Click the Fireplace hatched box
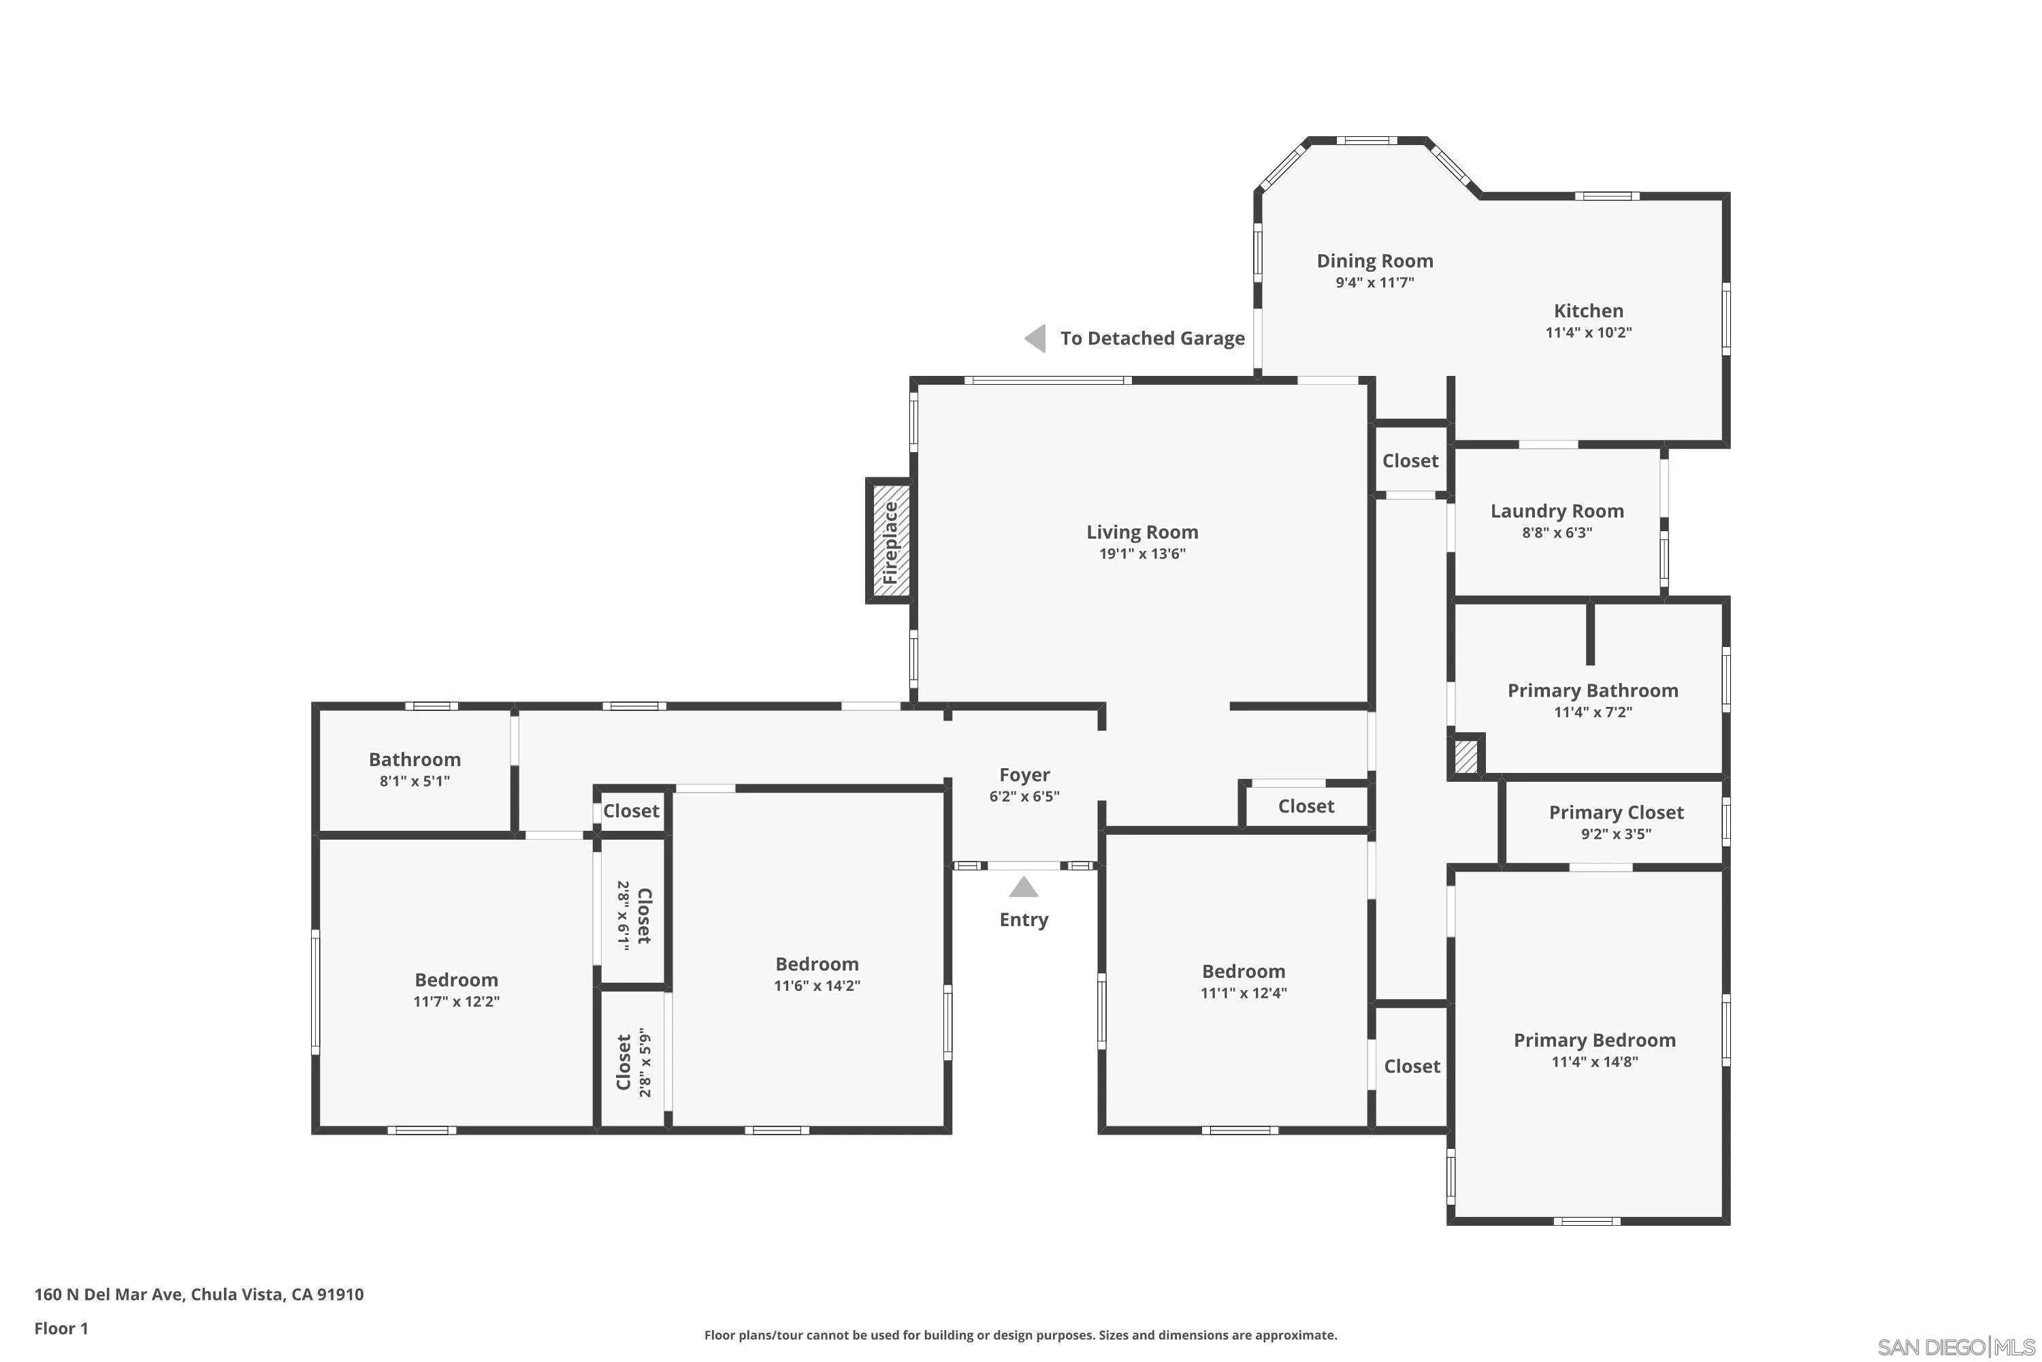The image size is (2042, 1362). tap(890, 540)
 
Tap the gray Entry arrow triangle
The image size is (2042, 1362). tap(1024, 887)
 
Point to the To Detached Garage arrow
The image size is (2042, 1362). tap(1035, 338)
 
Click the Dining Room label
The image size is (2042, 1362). tap(1374, 261)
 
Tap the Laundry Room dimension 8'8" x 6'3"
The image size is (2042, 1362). tap(1557, 533)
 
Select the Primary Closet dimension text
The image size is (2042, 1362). tap(1617, 834)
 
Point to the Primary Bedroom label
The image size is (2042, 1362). tap(1595, 1041)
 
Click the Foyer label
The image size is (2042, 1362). tap(1024, 775)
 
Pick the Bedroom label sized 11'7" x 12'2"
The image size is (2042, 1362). tap(457, 980)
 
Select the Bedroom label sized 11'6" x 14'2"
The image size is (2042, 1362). tap(817, 964)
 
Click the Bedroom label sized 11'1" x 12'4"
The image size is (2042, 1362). tap(1244, 971)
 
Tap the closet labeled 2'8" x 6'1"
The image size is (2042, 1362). tap(634, 915)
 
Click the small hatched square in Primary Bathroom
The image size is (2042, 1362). tap(1465, 756)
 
